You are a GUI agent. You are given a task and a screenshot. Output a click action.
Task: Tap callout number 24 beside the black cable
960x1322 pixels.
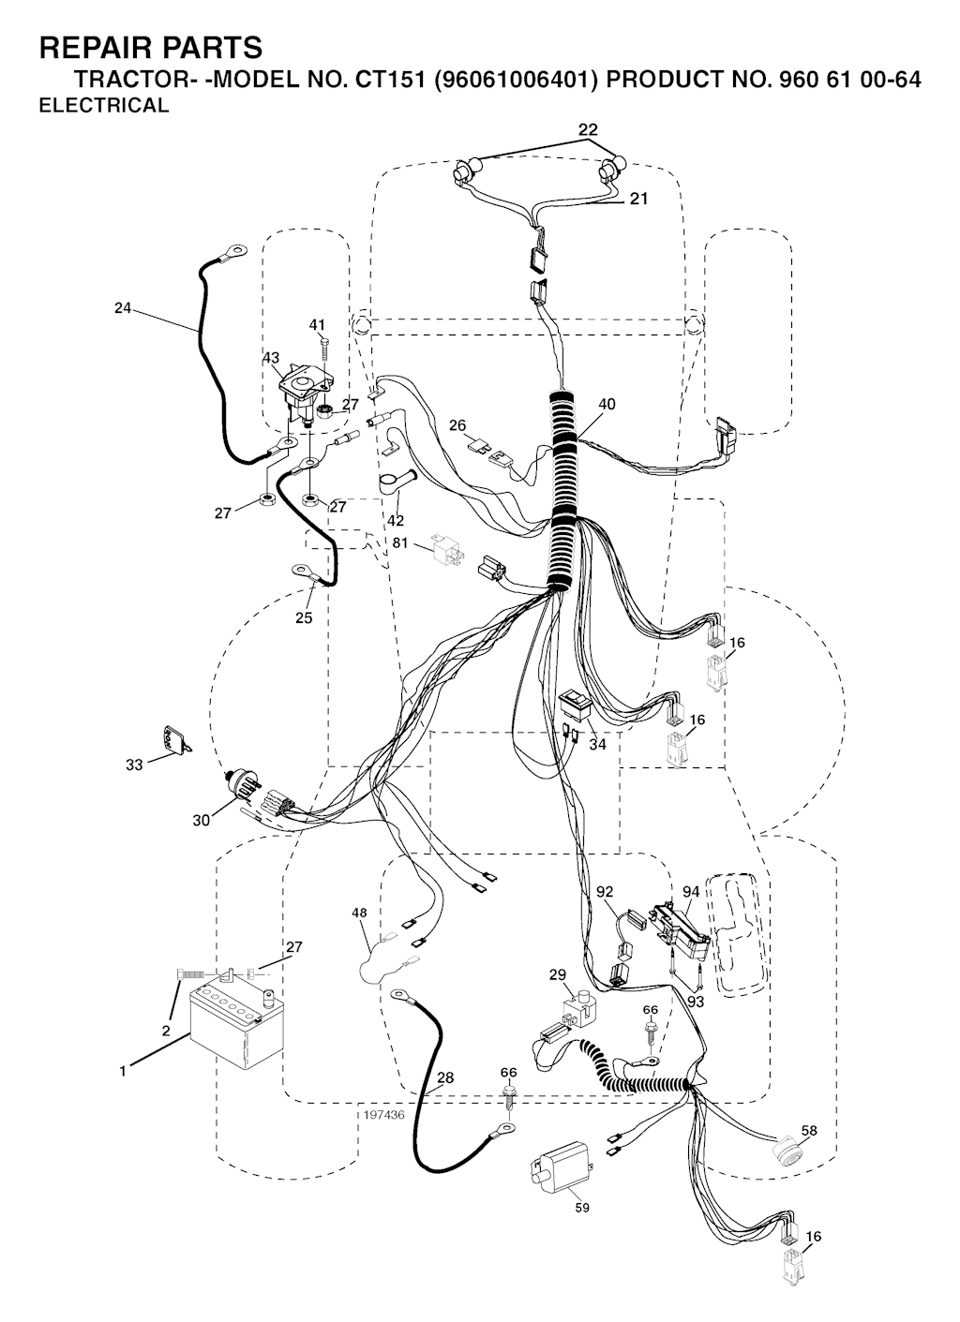pyautogui.click(x=123, y=307)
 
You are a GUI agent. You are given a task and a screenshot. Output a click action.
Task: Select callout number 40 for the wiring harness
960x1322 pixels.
pyautogui.click(x=607, y=404)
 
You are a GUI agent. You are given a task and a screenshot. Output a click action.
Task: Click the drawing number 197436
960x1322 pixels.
pyautogui.click(x=382, y=1115)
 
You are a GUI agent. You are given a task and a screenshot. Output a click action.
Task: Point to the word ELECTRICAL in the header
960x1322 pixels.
pyautogui.click(x=103, y=106)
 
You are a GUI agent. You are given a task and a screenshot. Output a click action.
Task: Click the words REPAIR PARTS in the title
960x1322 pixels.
pyautogui.click(x=150, y=47)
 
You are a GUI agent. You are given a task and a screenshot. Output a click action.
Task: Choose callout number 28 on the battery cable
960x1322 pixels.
pyautogui.click(x=445, y=1077)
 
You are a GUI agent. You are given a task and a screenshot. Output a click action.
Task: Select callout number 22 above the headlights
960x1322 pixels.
pyautogui.click(x=588, y=129)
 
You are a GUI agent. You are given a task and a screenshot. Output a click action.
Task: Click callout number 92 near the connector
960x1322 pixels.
pyautogui.click(x=605, y=891)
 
